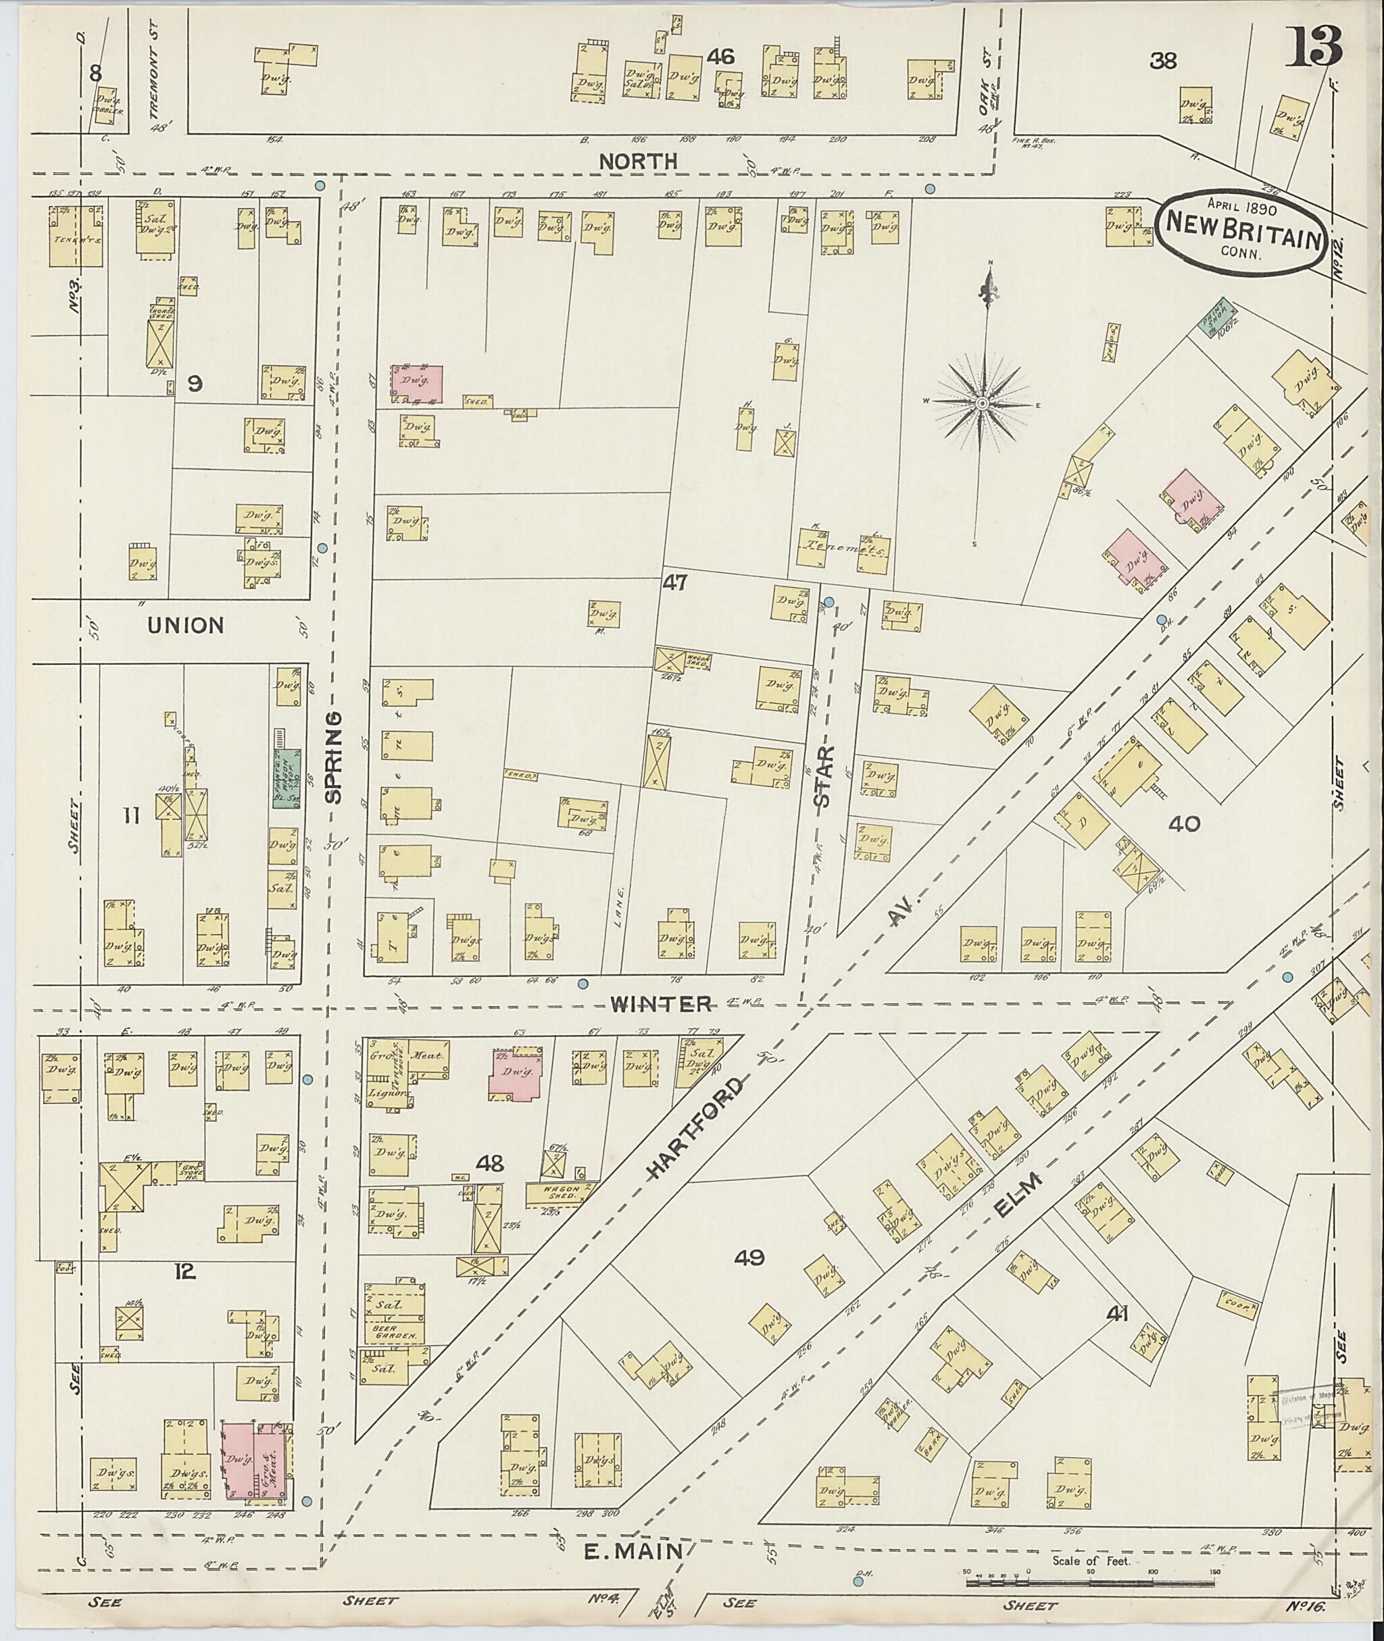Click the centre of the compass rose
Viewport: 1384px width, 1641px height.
coord(981,403)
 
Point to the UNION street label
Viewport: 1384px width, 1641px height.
coord(186,625)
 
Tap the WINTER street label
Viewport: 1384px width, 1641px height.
coord(662,1003)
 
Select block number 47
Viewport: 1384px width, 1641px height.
coord(674,583)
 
